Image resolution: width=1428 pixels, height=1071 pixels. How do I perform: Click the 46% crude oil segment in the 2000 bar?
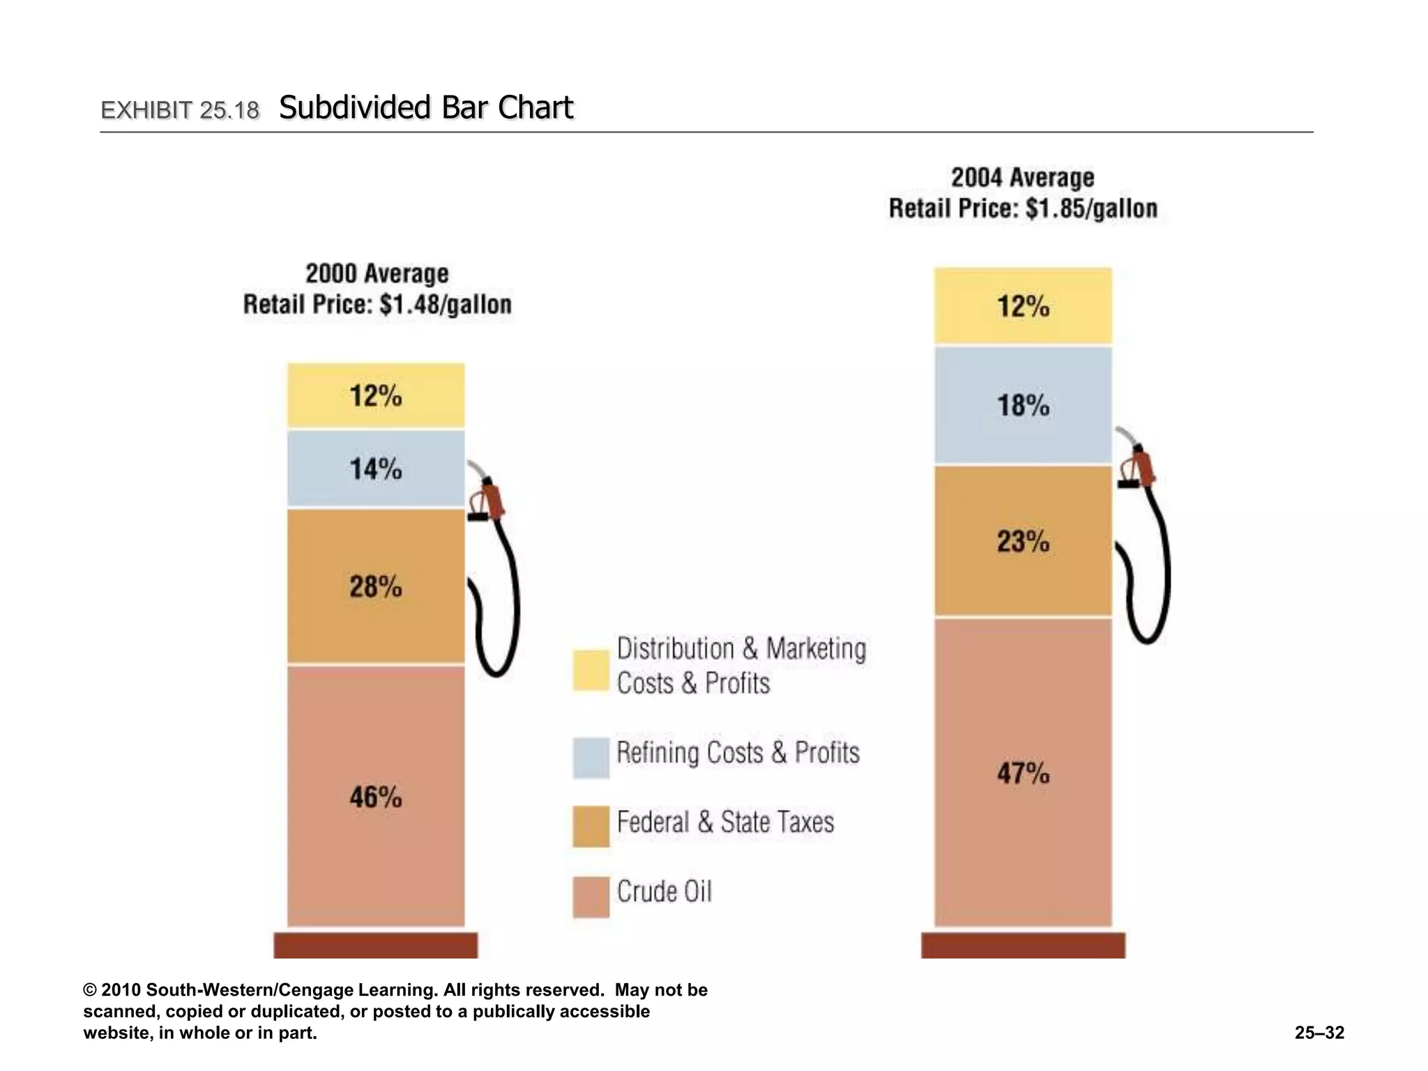coord(376,796)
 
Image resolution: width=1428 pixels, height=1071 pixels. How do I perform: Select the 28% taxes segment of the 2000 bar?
coord(376,586)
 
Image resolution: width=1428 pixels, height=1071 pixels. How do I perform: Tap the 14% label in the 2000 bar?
coord(376,469)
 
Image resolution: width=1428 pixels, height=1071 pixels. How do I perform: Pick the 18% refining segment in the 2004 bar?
coord(1023,406)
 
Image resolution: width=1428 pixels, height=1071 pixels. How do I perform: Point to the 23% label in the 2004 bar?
coord(1023,541)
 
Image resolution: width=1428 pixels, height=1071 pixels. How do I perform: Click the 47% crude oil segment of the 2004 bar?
coord(1023,773)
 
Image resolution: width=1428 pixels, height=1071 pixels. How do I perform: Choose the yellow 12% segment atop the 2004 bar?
coord(1023,306)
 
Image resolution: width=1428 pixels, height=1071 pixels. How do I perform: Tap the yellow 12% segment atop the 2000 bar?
coord(376,395)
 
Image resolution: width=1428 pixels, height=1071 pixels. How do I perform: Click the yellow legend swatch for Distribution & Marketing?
coord(591,670)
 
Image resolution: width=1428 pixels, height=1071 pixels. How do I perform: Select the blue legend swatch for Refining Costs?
coord(591,757)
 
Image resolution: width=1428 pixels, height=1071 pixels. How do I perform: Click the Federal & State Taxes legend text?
coord(725,822)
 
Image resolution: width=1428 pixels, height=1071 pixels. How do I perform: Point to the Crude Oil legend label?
coord(664,892)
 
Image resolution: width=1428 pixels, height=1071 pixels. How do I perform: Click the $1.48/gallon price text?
coord(446,305)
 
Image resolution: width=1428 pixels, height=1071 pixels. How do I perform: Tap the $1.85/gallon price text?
coord(1092,208)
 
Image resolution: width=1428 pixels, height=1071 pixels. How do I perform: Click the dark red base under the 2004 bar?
coord(1023,945)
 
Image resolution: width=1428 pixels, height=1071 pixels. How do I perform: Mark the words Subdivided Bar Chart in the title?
coord(426,108)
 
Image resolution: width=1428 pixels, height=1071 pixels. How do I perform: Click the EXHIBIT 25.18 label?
coord(180,110)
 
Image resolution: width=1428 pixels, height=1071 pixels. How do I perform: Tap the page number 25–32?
coord(1319,1033)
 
